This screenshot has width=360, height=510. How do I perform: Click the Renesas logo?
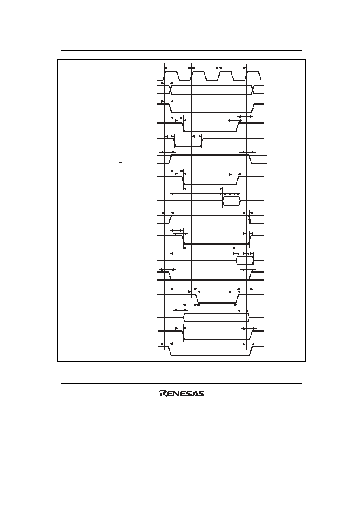(182, 394)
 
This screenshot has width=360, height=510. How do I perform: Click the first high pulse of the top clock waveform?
(172, 72)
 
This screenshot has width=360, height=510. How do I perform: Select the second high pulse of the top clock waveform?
(199, 72)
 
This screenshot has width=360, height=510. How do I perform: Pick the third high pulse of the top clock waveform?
(226, 72)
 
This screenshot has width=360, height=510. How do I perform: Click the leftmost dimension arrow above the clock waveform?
(178, 67)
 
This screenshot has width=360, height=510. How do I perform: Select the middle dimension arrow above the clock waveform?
(205, 67)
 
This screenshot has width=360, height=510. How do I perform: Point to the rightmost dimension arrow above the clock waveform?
(232, 67)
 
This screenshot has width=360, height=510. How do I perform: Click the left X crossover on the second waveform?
(170, 90)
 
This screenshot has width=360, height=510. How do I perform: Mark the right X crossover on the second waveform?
(253, 90)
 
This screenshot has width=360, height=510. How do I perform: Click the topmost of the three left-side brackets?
(119, 186)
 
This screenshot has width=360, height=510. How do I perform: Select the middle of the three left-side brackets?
(119, 239)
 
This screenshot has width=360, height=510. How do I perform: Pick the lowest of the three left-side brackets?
(119, 299)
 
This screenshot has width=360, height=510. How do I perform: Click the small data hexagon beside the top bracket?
(231, 201)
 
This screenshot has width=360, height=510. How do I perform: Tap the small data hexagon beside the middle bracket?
(245, 260)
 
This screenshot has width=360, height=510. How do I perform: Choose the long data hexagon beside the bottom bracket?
(216, 317)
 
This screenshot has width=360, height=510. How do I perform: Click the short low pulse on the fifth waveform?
(188, 143)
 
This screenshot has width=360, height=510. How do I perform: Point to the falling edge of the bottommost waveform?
(170, 350)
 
